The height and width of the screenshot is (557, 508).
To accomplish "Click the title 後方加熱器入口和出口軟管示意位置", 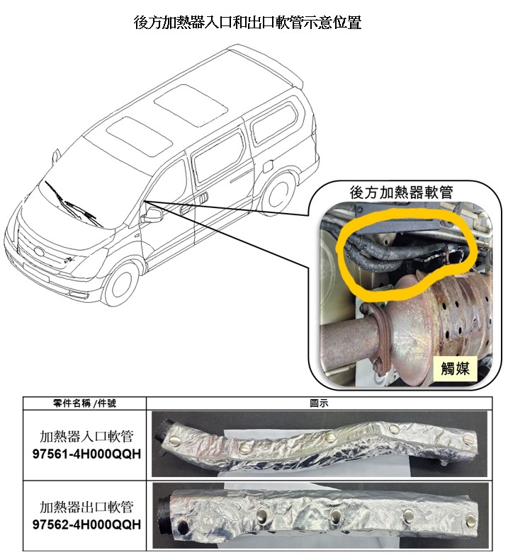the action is (247, 23).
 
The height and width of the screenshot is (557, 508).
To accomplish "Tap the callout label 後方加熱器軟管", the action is (401, 193).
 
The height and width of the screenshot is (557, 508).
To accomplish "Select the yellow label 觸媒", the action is (455, 368).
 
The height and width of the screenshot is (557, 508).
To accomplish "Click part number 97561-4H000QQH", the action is (86, 454).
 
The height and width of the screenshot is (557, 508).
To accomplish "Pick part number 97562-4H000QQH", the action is (86, 524).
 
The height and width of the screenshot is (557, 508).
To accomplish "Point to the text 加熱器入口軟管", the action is (86, 436).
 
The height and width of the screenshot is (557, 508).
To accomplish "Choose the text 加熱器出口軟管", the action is (86, 507).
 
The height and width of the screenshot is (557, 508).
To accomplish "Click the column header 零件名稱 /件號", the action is (84, 403).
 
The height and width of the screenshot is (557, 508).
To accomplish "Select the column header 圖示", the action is (319, 403).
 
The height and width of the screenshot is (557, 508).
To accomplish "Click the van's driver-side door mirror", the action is (153, 215).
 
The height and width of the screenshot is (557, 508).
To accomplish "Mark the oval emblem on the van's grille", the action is (39, 252).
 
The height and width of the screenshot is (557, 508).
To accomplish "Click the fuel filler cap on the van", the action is (269, 166).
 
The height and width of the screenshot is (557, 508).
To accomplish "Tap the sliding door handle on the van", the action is (203, 197).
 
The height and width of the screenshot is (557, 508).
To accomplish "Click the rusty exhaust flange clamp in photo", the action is (381, 338).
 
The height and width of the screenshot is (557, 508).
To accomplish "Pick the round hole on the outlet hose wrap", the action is (183, 525).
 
